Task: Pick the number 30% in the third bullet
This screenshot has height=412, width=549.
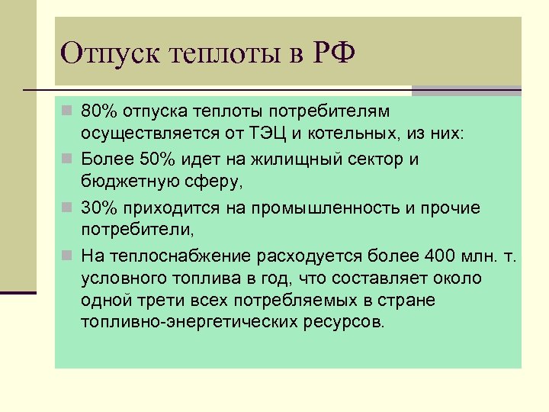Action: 98,208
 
